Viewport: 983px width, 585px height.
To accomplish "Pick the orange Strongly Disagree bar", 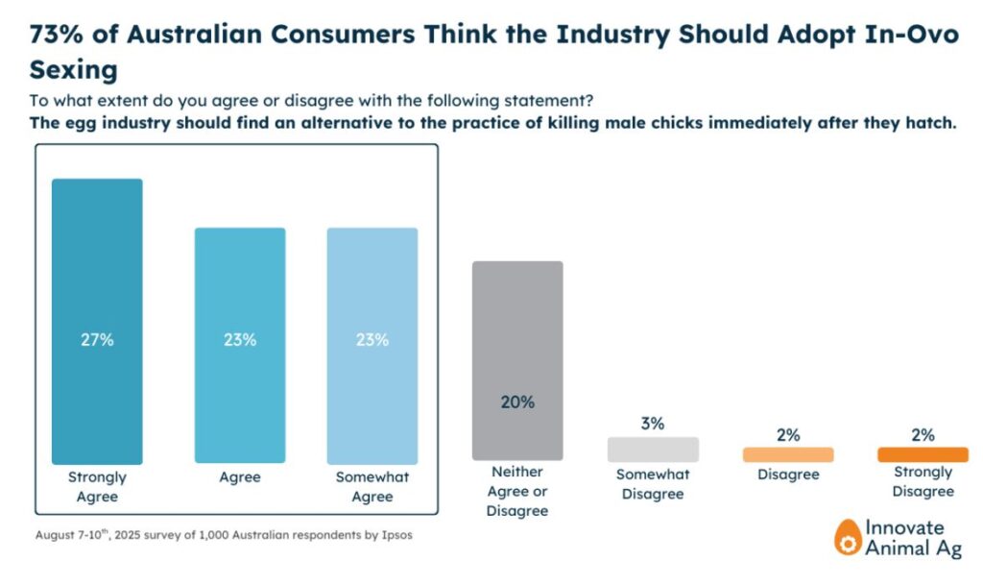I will pos(923,454).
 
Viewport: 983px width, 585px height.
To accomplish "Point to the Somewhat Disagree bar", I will pos(653,450).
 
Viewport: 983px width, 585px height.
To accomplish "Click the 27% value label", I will pos(97,340).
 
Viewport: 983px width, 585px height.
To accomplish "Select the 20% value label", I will pos(517,402).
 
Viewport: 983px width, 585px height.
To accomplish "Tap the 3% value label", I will pos(653,424).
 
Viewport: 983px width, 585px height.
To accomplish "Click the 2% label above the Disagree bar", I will pos(788,435).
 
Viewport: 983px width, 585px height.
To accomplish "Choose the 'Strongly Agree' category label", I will pos(97,487).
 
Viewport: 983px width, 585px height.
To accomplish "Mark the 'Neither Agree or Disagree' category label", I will pos(517,491).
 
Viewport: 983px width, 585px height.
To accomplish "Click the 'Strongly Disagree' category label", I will pos(923,481).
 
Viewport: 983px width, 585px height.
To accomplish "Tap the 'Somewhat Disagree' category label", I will pos(653,484).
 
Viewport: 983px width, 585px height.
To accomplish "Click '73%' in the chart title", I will pos(60,35).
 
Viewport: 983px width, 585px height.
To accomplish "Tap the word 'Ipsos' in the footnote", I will pos(395,535).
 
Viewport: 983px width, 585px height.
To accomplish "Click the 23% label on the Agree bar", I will pos(240,340).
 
